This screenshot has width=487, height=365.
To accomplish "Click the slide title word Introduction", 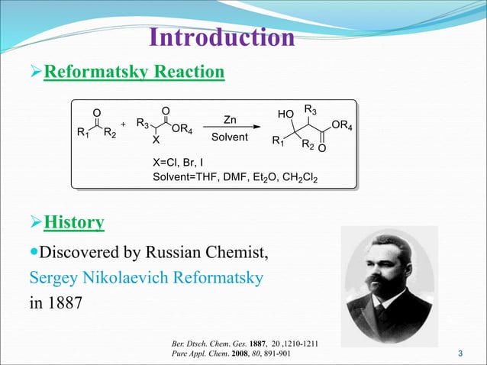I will click(x=221, y=38).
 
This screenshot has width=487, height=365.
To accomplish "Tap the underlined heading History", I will click(x=74, y=223).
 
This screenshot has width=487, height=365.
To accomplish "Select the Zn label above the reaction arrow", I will click(x=230, y=120).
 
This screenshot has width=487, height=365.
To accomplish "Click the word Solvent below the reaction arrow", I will click(x=230, y=137).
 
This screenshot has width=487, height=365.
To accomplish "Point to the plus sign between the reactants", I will click(x=124, y=124).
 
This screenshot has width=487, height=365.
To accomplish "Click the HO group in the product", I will click(x=285, y=115).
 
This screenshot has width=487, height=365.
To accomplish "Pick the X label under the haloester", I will click(x=156, y=141).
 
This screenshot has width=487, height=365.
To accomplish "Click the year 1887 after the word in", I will click(x=64, y=303).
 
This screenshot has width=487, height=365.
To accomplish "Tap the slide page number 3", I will click(x=460, y=353).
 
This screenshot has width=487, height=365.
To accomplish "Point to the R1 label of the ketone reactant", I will click(x=83, y=134).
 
